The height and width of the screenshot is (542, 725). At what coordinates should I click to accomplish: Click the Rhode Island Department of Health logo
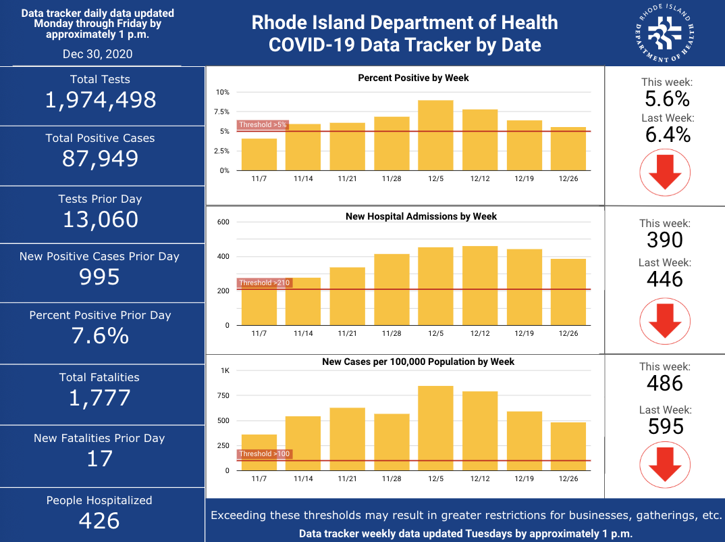[x=665, y=33]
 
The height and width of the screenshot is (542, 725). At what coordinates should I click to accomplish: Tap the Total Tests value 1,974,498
[x=101, y=100]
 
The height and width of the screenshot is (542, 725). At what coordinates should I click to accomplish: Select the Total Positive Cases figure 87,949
[x=101, y=159]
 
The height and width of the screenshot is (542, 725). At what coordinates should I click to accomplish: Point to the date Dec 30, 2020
[x=98, y=54]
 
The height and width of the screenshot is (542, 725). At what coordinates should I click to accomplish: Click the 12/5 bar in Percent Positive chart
[x=435, y=135]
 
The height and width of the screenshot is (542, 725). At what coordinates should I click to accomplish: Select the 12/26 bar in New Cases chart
[x=568, y=446]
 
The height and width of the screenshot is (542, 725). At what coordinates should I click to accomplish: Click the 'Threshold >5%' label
[x=263, y=124]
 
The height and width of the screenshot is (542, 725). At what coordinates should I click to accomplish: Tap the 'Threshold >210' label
[x=265, y=282]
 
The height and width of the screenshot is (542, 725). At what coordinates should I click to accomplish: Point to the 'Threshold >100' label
[x=265, y=454]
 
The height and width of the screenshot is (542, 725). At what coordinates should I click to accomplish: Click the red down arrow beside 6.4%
[x=665, y=172]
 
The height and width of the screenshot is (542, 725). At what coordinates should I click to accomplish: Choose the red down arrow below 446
[x=665, y=321]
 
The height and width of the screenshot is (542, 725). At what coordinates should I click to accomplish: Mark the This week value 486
[x=665, y=383]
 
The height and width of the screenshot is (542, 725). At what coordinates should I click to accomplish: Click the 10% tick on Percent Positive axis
[x=222, y=92]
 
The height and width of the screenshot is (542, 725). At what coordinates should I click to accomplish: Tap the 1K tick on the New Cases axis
[x=225, y=371]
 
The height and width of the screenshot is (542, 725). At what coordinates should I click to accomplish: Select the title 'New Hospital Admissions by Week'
[x=421, y=216]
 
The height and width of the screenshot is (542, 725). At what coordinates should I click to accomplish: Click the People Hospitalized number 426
[x=99, y=521]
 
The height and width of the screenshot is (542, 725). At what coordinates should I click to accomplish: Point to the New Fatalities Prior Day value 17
[x=99, y=459]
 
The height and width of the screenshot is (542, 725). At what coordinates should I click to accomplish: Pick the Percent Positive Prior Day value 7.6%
[x=100, y=336]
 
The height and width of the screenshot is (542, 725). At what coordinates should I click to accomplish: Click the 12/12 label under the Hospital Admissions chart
[x=480, y=333]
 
